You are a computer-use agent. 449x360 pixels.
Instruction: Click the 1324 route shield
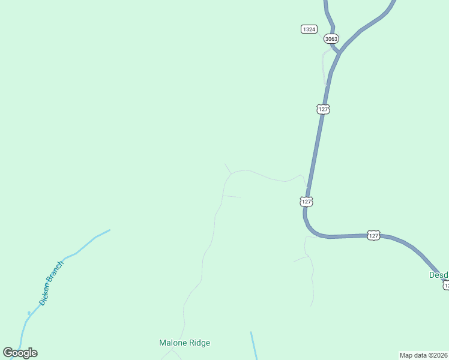coord(309,29)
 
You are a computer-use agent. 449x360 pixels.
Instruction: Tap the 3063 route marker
coord(331,38)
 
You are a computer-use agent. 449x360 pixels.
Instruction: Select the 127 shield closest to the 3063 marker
coord(324,109)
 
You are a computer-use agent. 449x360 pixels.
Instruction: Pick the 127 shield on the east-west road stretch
coord(373,236)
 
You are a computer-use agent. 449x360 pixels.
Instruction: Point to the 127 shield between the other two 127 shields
coord(307,202)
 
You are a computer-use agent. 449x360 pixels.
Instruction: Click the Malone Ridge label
coord(184,343)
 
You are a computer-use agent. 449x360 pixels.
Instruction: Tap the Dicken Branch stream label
coord(51,283)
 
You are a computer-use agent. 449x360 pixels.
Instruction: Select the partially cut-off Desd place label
coord(438,275)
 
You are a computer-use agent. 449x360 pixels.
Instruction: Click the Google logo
coord(20,353)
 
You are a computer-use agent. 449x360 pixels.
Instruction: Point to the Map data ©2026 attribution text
coord(423,355)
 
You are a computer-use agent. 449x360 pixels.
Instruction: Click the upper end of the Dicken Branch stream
coord(109,230)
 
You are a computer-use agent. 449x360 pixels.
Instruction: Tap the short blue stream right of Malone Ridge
coord(254,346)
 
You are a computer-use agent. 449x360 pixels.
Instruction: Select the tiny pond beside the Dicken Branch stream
coord(29,313)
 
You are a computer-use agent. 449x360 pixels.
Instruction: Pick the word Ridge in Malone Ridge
coord(199,343)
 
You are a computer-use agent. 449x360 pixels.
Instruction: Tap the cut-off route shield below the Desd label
coord(445,286)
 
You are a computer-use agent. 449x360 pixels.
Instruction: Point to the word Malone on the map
coord(172,343)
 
